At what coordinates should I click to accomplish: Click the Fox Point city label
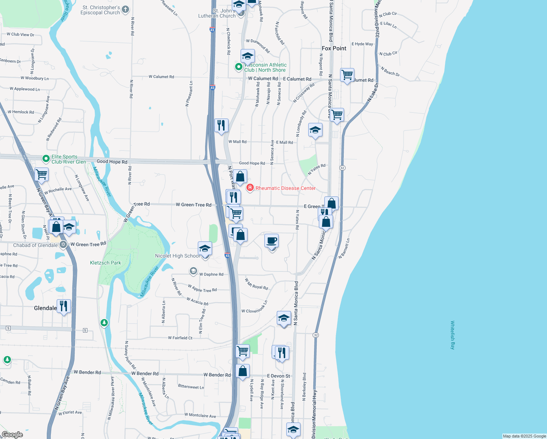[334, 48]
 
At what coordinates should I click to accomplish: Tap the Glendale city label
[45, 308]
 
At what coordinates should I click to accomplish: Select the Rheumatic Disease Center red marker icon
[250, 188]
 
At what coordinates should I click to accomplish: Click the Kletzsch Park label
[105, 263]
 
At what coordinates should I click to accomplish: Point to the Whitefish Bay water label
[452, 335]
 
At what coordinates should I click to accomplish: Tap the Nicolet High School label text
[177, 256]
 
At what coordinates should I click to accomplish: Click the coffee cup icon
[271, 241]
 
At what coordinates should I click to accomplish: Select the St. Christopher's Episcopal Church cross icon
[125, 10]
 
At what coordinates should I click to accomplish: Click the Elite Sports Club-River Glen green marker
[46, 159]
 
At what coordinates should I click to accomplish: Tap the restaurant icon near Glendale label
[64, 306]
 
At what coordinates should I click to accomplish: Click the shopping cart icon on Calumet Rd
[347, 75]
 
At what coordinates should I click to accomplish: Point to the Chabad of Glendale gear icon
[63, 245]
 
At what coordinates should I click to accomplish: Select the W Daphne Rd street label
[211, 274]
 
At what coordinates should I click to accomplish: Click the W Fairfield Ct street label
[180, 338]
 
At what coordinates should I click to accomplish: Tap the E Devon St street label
[278, 376]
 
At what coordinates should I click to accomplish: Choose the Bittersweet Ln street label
[191, 387]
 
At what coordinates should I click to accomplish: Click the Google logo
[12, 435]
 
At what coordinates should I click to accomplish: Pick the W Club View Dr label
[20, 35]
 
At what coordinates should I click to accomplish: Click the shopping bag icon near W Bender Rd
[242, 371]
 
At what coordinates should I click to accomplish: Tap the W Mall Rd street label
[237, 142]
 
